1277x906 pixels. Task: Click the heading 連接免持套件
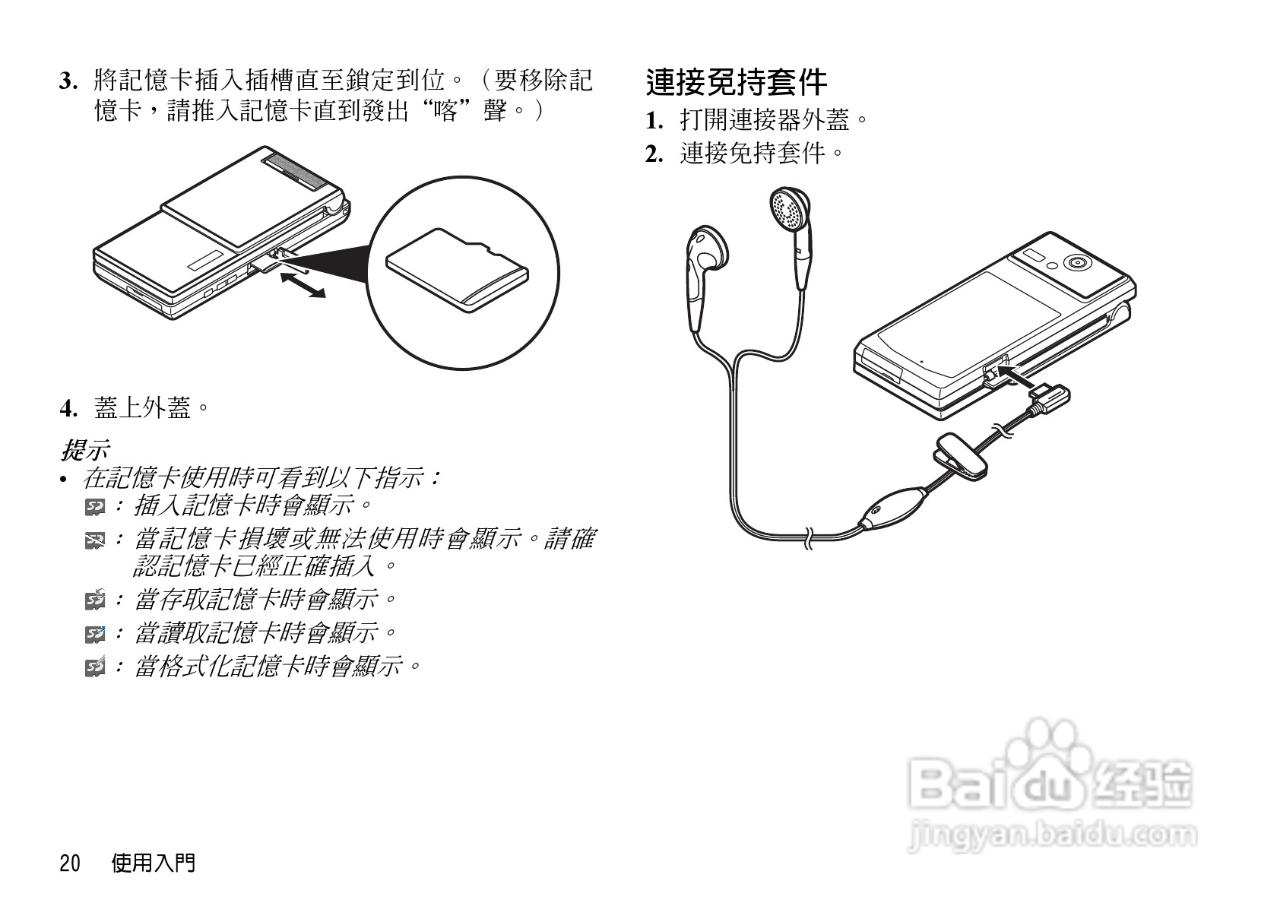[736, 83]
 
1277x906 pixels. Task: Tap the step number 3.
[68, 81]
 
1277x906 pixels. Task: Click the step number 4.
[68, 409]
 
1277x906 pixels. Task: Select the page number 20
[70, 863]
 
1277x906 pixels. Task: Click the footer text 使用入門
[154, 863]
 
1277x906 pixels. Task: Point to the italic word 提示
[85, 450]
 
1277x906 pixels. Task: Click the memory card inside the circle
[458, 270]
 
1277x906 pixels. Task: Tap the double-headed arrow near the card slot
[303, 285]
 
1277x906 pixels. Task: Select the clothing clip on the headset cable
[959, 456]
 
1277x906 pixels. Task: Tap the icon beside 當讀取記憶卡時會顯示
[95, 633]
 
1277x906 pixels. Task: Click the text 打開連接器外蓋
[765, 120]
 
